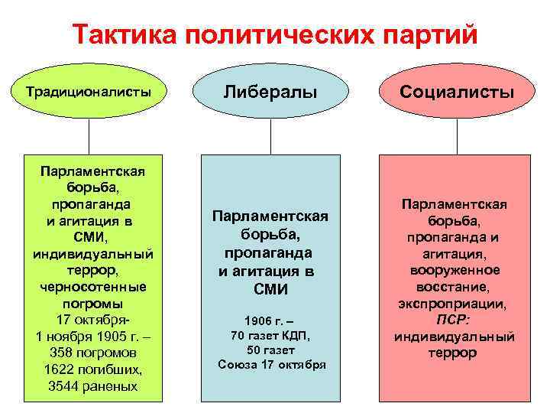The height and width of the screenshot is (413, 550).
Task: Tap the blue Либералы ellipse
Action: (x=270, y=93)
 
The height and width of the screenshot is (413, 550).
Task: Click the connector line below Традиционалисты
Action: (x=89, y=137)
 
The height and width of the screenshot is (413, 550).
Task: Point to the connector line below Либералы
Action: (x=270, y=137)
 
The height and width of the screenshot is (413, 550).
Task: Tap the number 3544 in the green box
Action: (x=65, y=386)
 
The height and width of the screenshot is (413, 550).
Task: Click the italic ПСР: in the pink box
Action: (x=455, y=320)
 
